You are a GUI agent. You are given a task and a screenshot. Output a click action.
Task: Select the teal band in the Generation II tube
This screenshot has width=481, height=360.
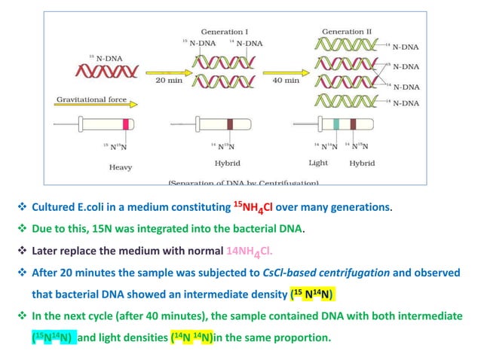click(336, 125)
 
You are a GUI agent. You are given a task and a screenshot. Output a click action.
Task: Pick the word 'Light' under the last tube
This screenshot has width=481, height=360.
click(319, 163)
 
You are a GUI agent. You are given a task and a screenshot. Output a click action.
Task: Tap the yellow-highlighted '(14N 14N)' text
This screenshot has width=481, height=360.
click(192, 337)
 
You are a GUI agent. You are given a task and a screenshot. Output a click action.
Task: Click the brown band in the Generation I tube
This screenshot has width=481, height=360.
click(231, 125)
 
